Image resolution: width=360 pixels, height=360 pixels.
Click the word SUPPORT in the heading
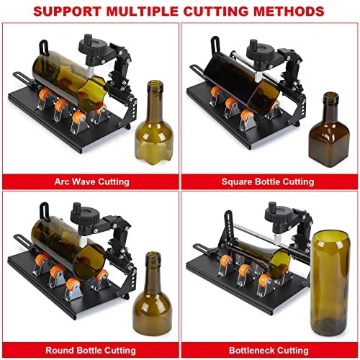[x=67, y=12]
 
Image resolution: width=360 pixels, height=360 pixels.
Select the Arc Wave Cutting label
[x=91, y=181]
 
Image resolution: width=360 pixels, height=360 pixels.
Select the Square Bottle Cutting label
[x=268, y=181]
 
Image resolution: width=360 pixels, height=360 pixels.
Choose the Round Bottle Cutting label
[x=91, y=351]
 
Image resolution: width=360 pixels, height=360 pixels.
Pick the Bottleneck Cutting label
[x=269, y=351]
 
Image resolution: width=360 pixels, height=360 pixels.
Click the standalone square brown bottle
[x=329, y=130]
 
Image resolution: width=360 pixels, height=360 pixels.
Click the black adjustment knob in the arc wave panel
[x=93, y=48]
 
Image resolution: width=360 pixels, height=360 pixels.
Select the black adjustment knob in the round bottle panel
[x=84, y=215]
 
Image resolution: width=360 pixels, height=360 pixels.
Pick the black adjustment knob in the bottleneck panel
[x=279, y=213]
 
